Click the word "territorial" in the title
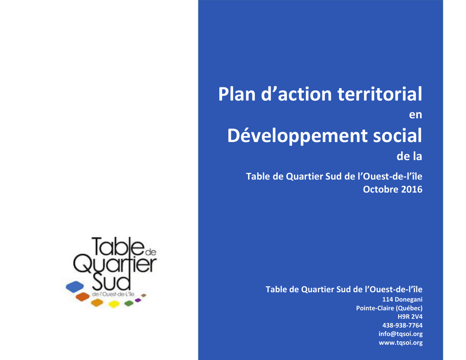[380, 94]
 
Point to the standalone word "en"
[415, 115]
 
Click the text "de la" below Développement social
[409, 156]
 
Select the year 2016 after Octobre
[411, 189]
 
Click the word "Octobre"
[381, 189]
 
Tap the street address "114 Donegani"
[402, 299]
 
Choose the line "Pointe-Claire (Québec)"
[390, 308]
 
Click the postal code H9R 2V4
[410, 317]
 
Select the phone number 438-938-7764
[402, 325]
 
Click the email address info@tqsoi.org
[400, 334]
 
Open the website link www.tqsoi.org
[400, 342]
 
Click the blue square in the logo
[75, 287]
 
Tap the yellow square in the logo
[114, 304]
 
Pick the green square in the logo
[129, 303]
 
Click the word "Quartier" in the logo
[115, 264]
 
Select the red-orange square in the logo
[83, 296]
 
